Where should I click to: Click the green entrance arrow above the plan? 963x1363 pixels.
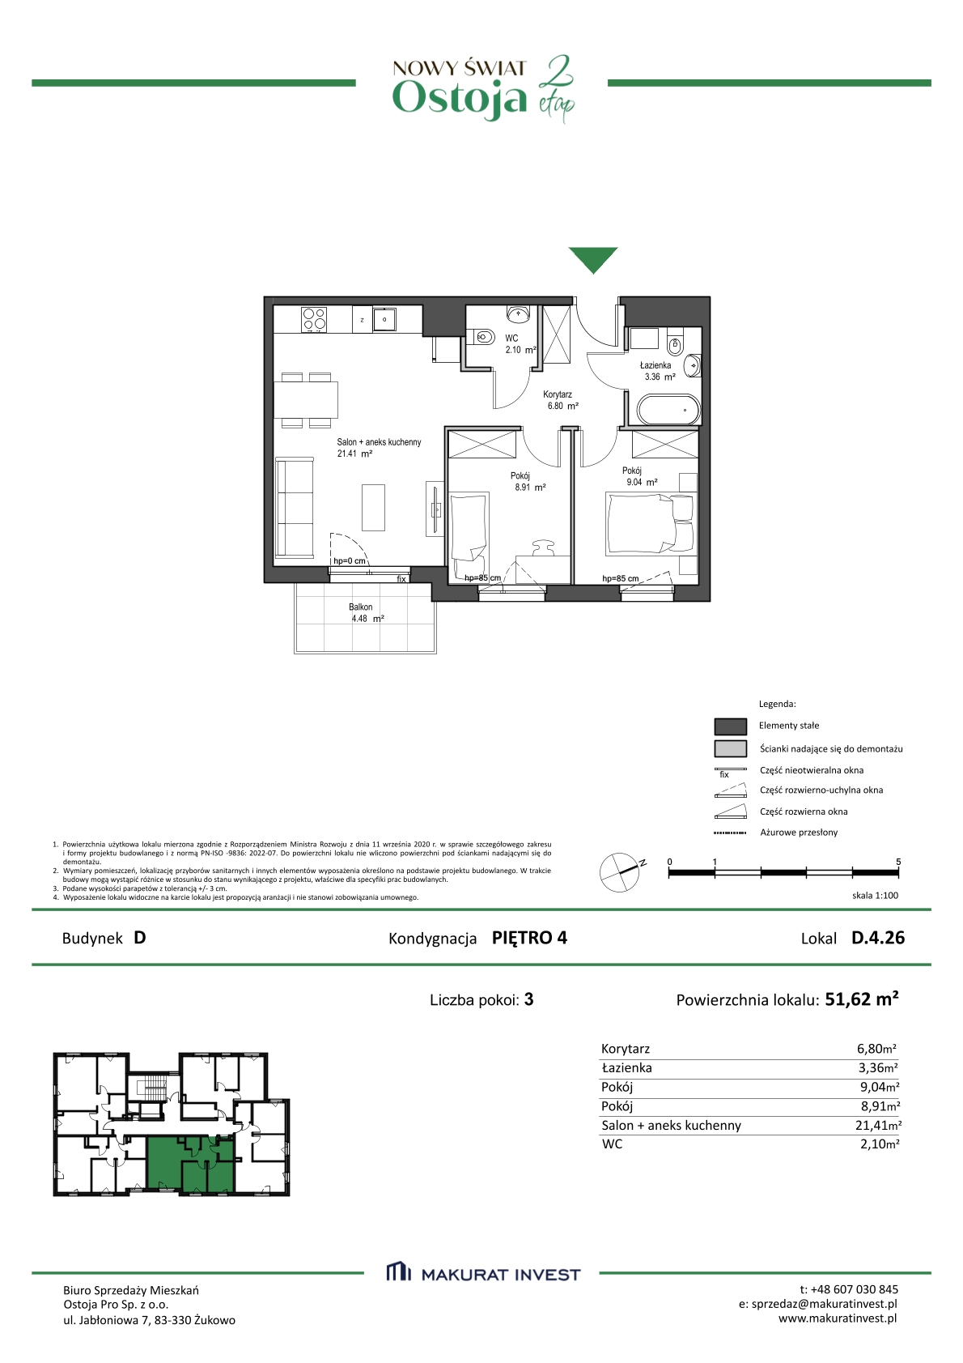click(592, 260)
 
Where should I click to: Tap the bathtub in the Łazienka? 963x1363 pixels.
click(668, 410)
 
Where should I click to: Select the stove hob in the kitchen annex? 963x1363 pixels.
click(314, 319)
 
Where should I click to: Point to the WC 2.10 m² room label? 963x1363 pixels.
click(520, 344)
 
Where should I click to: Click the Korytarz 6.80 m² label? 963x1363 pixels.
click(560, 400)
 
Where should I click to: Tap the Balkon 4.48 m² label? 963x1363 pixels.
click(366, 613)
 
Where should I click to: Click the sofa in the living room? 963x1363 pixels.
click(295, 508)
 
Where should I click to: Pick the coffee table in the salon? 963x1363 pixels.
click(373, 508)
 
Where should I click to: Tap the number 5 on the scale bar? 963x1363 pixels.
click(898, 862)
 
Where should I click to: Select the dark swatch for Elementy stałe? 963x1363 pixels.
click(730, 726)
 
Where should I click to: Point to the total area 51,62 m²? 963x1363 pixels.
click(862, 999)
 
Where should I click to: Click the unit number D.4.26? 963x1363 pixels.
click(878, 938)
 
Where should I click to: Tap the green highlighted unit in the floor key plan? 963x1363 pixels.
click(190, 1165)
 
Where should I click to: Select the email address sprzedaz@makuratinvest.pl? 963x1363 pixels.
click(825, 1304)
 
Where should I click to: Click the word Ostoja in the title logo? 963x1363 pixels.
click(459, 98)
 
